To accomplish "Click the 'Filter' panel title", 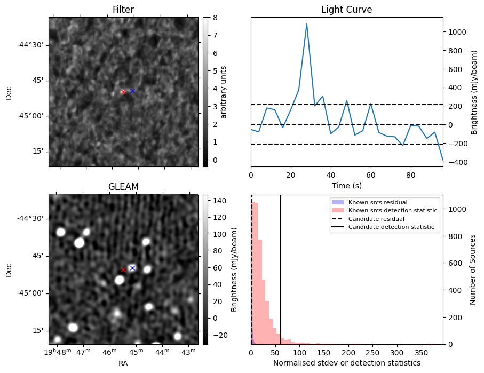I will coord(123,10).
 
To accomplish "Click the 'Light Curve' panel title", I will coord(346,10).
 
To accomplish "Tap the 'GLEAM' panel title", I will coord(123,186).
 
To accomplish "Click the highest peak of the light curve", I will coord(306,24).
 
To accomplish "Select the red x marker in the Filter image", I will coord(123,92).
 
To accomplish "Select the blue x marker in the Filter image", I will coord(132,91).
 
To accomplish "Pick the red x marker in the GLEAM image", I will coord(123,269).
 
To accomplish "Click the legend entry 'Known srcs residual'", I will coord(378,202).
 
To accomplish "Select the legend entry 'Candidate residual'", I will coord(376,219).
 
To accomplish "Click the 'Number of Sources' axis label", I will coord(473,269).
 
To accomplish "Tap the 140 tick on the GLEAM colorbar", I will coord(220,201).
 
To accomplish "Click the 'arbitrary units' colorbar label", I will coord(224,92).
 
